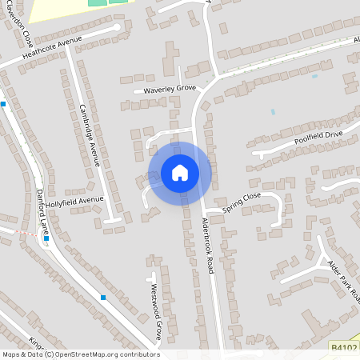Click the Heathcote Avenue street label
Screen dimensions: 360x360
point(53,49)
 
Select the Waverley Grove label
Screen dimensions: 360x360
point(169,89)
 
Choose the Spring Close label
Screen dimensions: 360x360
point(242,198)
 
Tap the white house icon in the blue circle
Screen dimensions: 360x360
point(180,173)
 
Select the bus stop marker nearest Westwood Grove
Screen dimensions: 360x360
point(103,298)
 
